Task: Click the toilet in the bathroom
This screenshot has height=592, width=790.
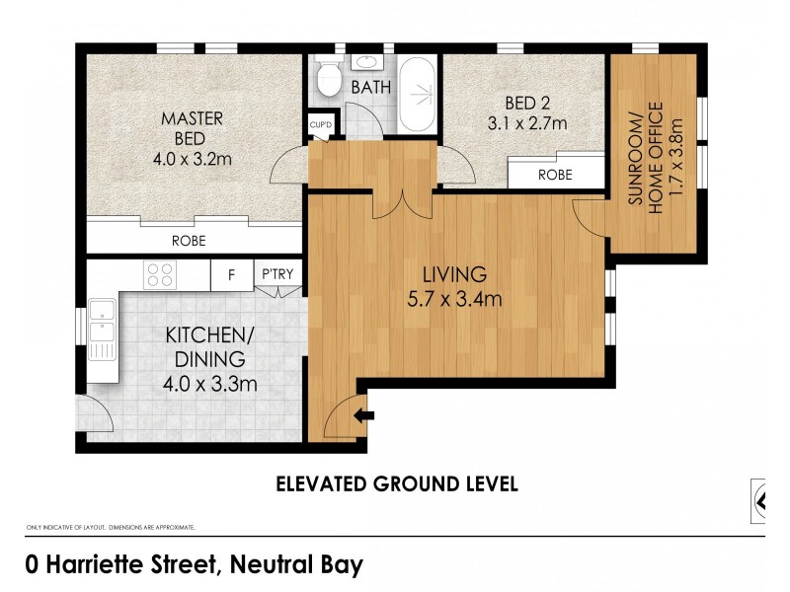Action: [326, 76]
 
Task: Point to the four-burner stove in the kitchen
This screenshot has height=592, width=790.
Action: [159, 274]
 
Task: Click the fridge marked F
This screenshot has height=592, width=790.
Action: [231, 275]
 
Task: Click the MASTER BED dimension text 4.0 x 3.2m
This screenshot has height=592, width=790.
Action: [194, 157]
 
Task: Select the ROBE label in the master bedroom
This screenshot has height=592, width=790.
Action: [188, 239]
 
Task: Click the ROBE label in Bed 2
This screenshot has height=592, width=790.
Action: [554, 174]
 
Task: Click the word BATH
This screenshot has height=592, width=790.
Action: [370, 88]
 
